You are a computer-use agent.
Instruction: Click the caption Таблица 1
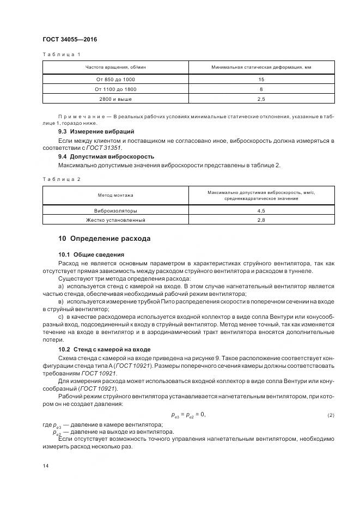(61, 54)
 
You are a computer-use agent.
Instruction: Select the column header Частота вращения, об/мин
(115, 68)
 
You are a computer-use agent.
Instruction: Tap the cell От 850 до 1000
(115, 80)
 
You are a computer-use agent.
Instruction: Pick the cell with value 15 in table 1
(261, 80)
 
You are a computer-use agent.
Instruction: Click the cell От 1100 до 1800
(115, 89)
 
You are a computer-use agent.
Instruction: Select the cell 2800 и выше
(115, 99)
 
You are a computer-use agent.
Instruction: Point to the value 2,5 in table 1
(261, 99)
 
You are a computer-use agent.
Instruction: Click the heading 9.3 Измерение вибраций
(96, 132)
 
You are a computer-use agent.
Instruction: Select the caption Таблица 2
(61, 179)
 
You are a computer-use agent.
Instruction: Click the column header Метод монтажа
(115, 195)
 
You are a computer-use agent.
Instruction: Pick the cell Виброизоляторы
(115, 210)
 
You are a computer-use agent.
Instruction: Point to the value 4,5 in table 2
(261, 210)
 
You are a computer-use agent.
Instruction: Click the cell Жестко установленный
(115, 220)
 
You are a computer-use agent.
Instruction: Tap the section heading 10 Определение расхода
(104, 239)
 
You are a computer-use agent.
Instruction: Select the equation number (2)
(331, 416)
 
